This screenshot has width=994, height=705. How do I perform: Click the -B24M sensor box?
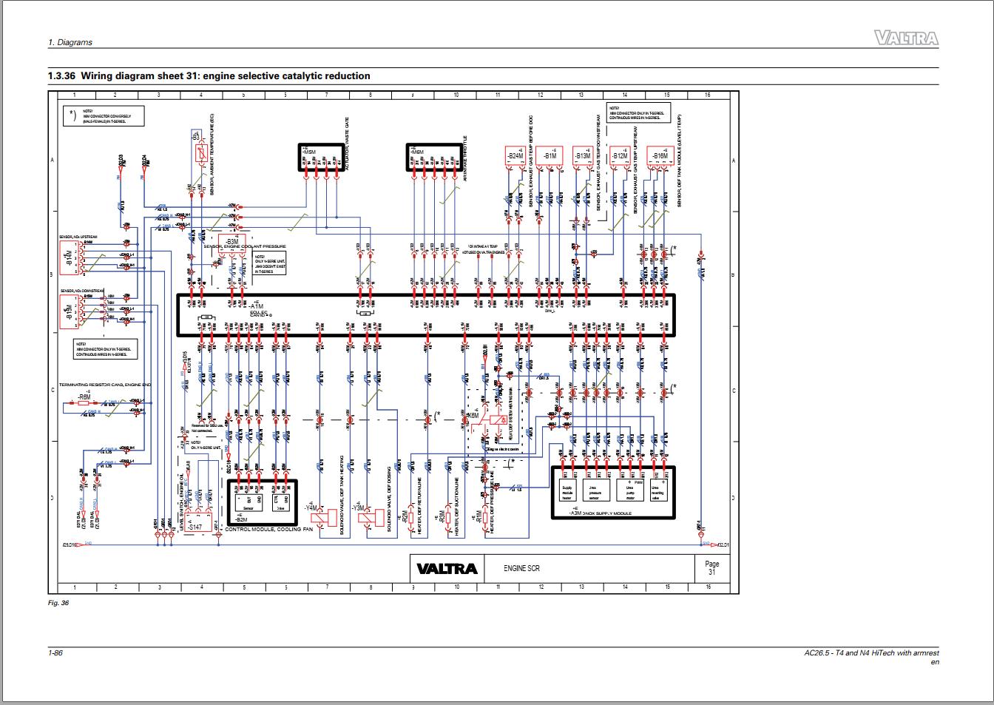tap(515, 156)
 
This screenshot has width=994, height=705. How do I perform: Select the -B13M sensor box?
tap(582, 156)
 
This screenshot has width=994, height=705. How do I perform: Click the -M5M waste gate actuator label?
tap(309, 152)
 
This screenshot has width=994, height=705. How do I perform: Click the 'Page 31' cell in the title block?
tap(711, 568)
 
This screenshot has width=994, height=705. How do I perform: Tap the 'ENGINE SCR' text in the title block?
tap(521, 568)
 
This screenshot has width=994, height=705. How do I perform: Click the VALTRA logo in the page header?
tap(906, 38)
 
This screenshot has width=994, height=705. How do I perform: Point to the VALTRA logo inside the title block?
tap(447, 568)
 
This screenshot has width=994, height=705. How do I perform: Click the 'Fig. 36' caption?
tap(58, 603)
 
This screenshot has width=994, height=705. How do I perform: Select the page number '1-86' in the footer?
tap(55, 652)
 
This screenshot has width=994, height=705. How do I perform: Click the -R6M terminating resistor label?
tap(84, 397)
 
